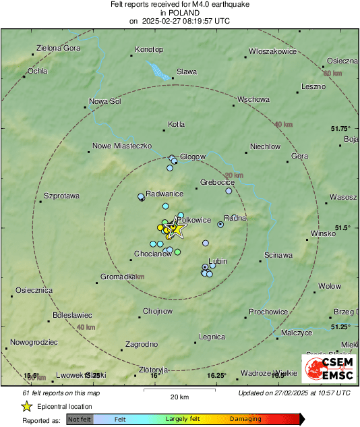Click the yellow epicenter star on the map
[177, 229]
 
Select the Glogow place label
[193, 156]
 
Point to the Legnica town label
[212, 337]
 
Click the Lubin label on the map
[218, 261]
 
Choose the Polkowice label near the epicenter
[197, 221]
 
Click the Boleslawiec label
[72, 315]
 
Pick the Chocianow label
[152, 254]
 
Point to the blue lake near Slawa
[159, 69]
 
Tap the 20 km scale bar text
[179, 396]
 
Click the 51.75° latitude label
[341, 128]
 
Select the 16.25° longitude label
[216, 376]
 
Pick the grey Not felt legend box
[80, 419]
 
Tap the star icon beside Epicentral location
[26, 406]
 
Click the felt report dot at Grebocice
[229, 191]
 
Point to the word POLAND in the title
[179, 12]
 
